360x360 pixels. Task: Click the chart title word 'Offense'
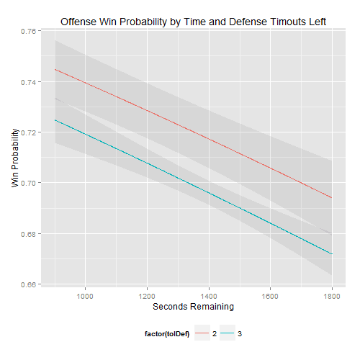(x=79, y=22)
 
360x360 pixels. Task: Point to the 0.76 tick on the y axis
(x=31, y=32)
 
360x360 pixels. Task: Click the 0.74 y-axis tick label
(x=31, y=82)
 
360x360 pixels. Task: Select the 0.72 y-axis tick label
(x=31, y=133)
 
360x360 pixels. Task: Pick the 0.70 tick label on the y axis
(x=31, y=184)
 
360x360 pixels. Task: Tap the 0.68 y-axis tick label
(x=31, y=234)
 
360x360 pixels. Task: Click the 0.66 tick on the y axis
(x=31, y=285)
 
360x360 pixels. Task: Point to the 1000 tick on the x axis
(x=86, y=295)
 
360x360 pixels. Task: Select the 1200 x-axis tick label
(x=147, y=295)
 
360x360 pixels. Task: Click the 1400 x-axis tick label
(x=209, y=295)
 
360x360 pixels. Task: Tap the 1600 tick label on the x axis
(x=270, y=295)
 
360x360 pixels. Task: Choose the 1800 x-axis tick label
(x=332, y=295)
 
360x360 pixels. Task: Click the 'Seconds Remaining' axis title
(x=193, y=307)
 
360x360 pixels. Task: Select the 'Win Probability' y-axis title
(x=15, y=159)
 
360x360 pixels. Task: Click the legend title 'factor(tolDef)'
(x=165, y=334)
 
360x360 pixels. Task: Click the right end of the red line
(x=332, y=197)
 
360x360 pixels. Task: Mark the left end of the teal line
(x=55, y=120)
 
